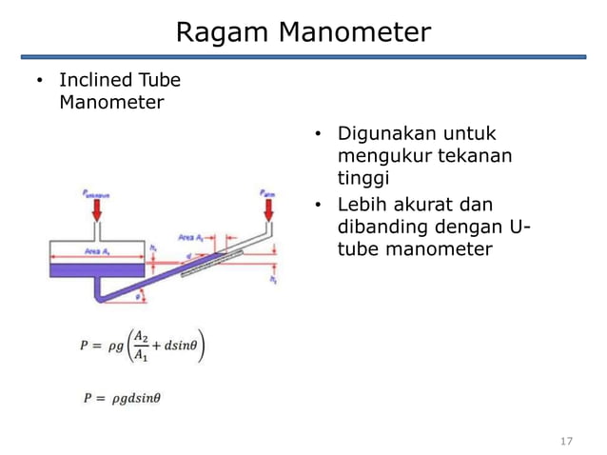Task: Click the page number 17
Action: [568, 441]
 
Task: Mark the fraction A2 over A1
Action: [140, 345]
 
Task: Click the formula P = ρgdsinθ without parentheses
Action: [120, 398]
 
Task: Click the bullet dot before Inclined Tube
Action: [39, 80]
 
